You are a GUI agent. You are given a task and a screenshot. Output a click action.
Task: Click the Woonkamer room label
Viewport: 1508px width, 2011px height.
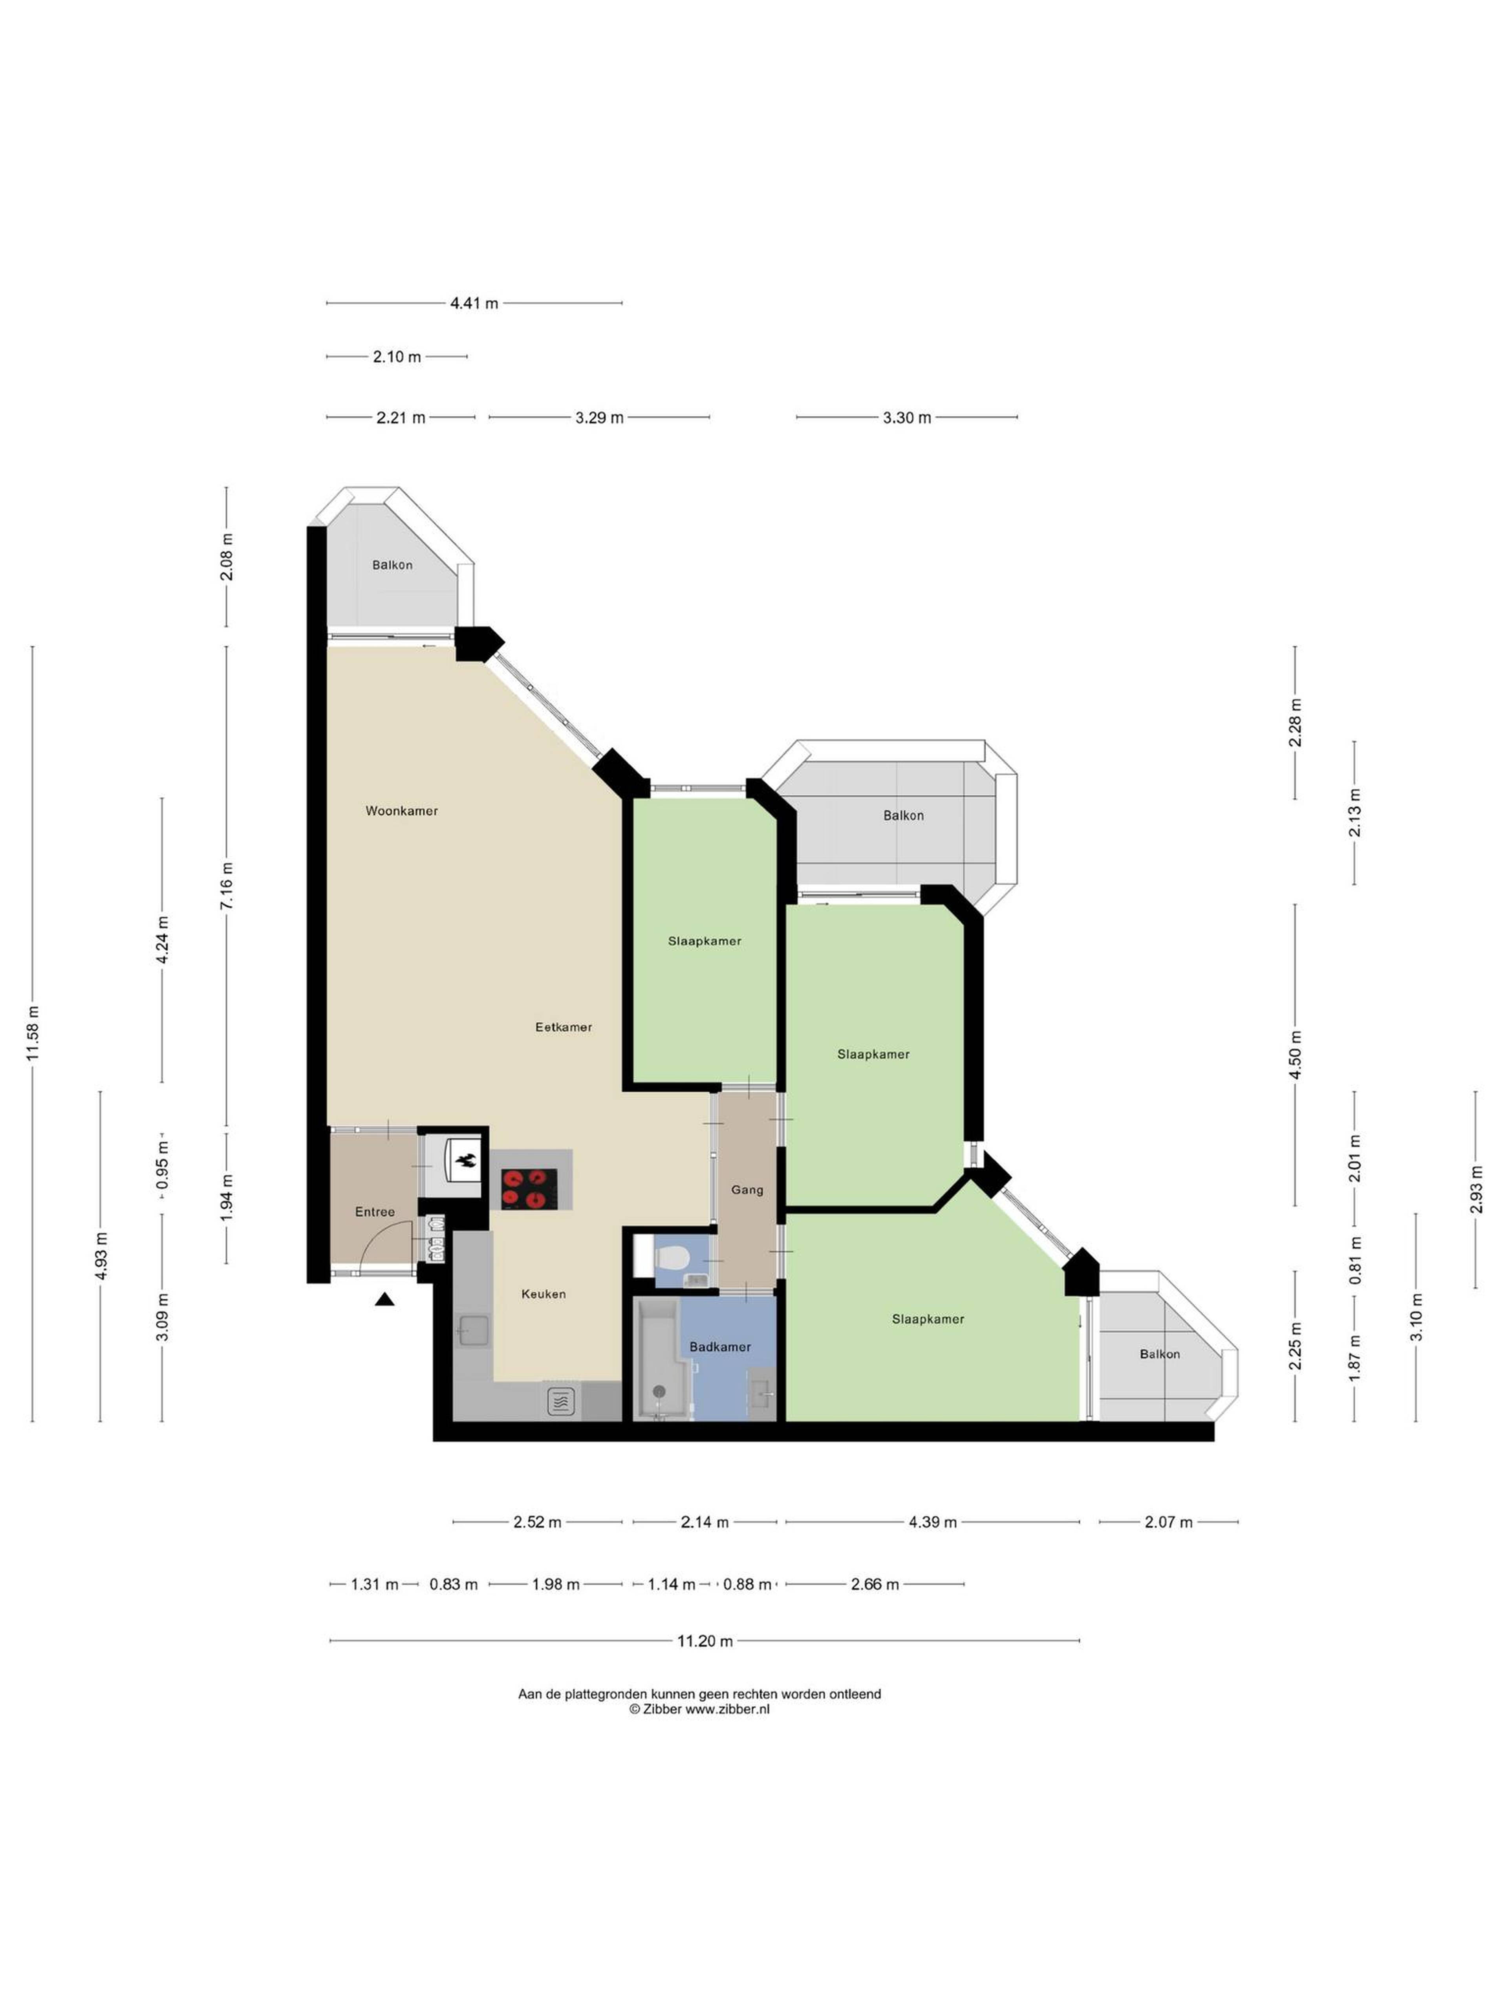point(402,811)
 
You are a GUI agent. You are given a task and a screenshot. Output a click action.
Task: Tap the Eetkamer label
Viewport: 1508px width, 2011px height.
point(564,1027)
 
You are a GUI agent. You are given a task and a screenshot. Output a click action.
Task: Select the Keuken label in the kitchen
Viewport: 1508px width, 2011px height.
point(544,1294)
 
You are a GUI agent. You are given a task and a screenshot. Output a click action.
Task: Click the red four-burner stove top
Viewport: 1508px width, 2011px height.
point(529,1188)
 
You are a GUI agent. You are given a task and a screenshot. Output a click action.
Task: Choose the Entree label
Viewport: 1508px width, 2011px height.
point(375,1212)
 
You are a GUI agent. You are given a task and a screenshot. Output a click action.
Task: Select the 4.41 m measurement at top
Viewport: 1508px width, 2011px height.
point(474,304)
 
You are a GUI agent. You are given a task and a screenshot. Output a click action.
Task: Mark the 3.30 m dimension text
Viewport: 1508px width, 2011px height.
point(906,418)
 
